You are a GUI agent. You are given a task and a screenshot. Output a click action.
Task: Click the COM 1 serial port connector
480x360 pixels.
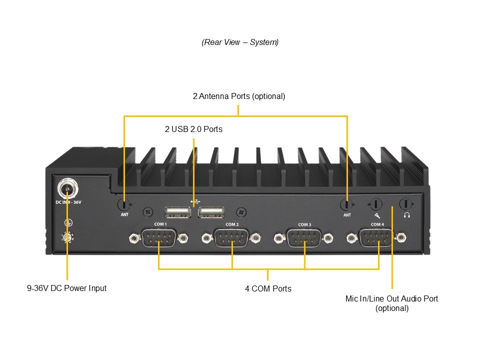coord(159,237)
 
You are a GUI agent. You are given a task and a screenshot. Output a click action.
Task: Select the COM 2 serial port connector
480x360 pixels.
coord(231,237)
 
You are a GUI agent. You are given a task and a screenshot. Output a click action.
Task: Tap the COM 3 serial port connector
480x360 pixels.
coord(304,237)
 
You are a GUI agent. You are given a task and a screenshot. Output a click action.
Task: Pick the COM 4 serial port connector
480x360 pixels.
coord(377,237)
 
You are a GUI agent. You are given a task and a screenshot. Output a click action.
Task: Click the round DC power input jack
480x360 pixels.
coord(66,189)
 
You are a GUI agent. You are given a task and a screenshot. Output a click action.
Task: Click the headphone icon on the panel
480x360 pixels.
coord(407,215)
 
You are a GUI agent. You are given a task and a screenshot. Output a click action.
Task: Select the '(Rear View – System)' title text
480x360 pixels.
coord(240,42)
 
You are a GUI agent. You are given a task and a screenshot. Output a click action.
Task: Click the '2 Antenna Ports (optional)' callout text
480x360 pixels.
coord(239,96)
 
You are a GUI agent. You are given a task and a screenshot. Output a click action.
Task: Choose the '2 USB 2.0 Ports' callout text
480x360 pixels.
coord(193,129)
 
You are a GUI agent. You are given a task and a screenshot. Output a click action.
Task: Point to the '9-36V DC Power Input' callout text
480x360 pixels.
coord(66,288)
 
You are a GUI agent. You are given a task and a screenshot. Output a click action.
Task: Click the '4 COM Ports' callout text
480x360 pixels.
coord(268,288)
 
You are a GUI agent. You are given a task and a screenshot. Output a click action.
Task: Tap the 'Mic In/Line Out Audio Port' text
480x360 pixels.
coord(391,298)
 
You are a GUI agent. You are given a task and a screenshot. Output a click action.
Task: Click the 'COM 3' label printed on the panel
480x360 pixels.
coord(304,224)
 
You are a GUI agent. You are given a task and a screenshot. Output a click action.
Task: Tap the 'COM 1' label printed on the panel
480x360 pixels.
coord(160,224)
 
